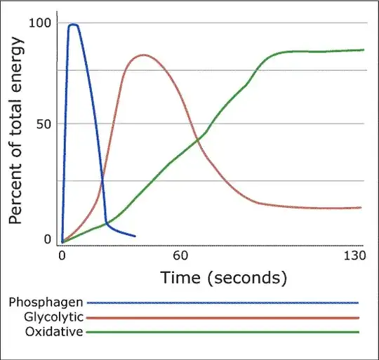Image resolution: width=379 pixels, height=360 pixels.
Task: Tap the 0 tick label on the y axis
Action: [x=48, y=239]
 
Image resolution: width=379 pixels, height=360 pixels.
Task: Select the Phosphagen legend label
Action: [x=46, y=302]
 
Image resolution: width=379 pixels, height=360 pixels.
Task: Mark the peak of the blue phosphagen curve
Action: [x=73, y=25]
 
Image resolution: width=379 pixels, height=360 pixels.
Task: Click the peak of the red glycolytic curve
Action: [x=144, y=55]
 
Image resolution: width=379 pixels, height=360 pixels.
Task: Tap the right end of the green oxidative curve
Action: [x=364, y=50]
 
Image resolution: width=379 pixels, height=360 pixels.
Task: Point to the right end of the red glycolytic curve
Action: [x=361, y=208]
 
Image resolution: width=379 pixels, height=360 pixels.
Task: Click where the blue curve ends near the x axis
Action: [x=135, y=236]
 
